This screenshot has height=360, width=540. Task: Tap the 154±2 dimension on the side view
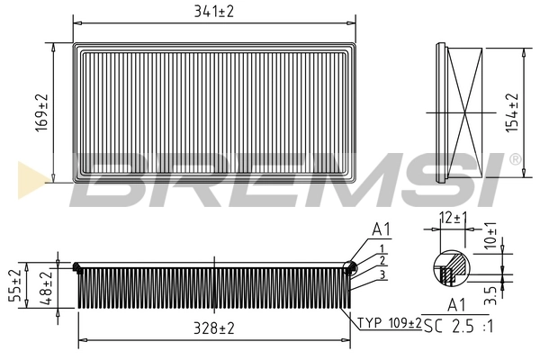pyautogui.click(x=513, y=112)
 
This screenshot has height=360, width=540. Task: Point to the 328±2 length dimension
pyautogui.click(x=214, y=329)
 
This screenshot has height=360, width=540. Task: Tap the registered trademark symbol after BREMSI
pyautogui.click(x=514, y=159)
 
